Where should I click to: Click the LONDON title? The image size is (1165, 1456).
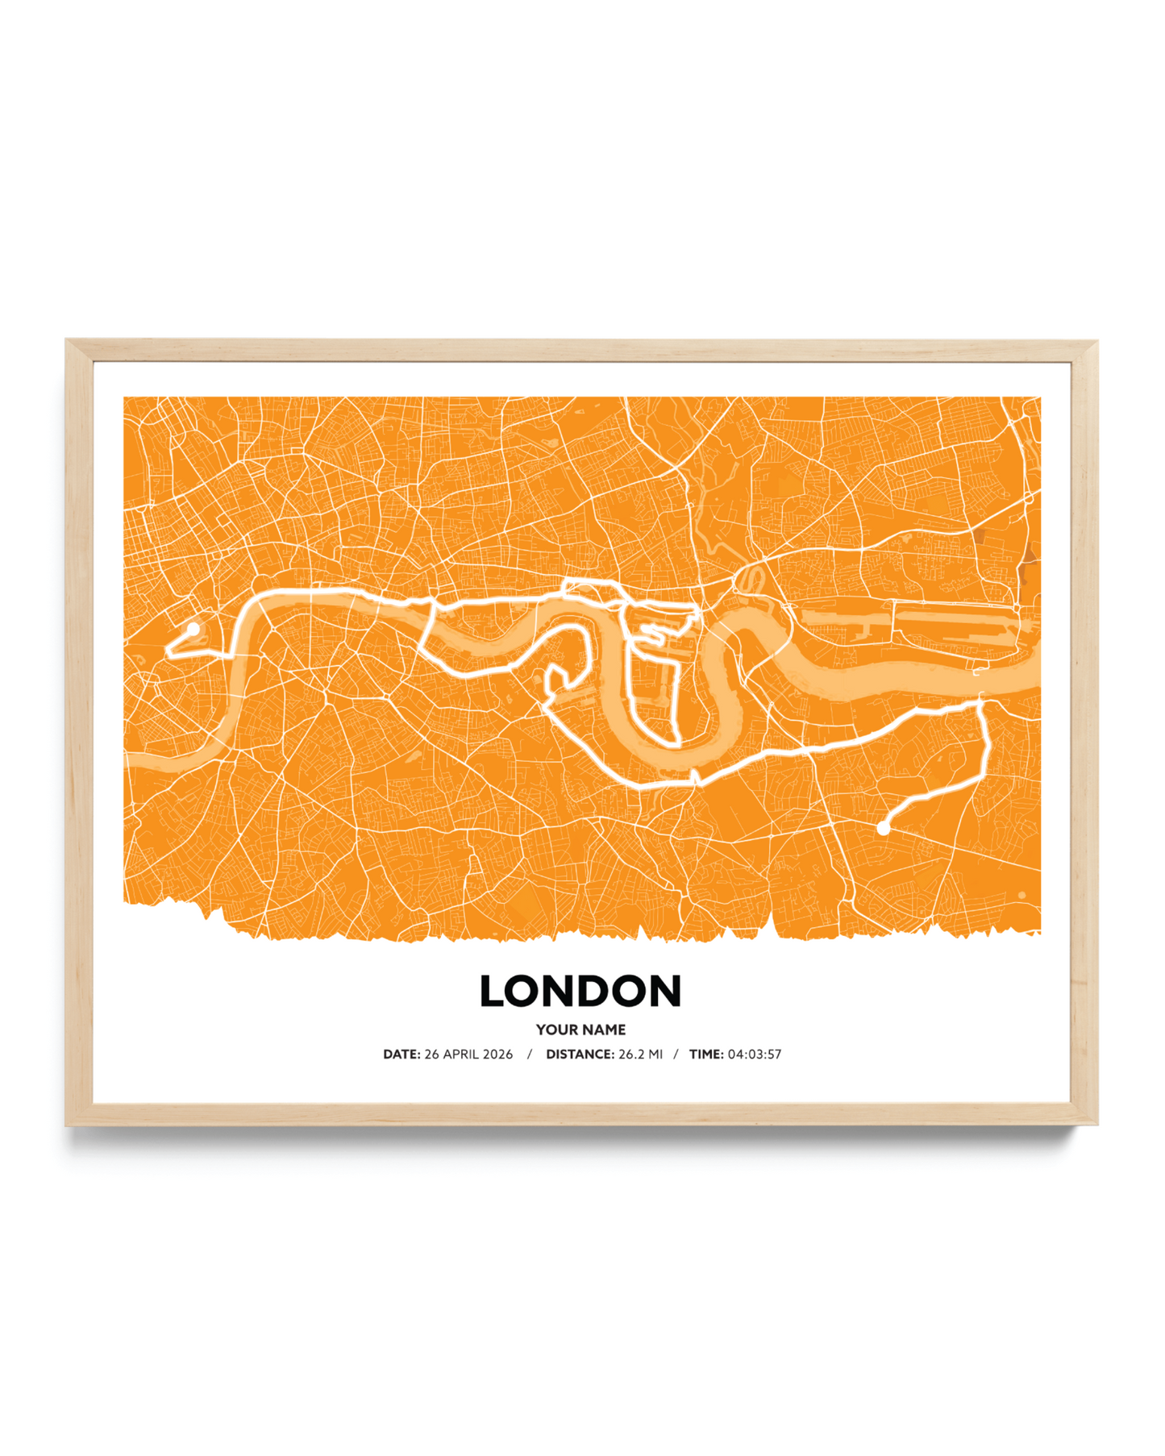point(580,991)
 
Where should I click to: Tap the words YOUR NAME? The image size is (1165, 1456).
point(580,1030)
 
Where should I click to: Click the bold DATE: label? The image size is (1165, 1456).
point(402,1055)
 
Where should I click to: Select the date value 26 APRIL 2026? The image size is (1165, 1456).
point(468,1055)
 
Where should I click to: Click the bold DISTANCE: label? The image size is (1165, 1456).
point(580,1055)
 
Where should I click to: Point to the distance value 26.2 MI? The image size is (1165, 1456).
point(640,1055)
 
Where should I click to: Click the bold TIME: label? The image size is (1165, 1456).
point(706,1055)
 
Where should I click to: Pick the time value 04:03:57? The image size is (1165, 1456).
point(755,1055)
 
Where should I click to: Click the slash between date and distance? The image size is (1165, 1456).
point(530,1055)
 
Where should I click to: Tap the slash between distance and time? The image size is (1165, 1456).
point(676,1055)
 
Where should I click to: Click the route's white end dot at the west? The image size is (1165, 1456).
point(193,628)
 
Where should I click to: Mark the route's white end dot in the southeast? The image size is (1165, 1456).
point(884,828)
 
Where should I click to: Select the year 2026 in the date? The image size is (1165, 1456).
point(497,1055)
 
